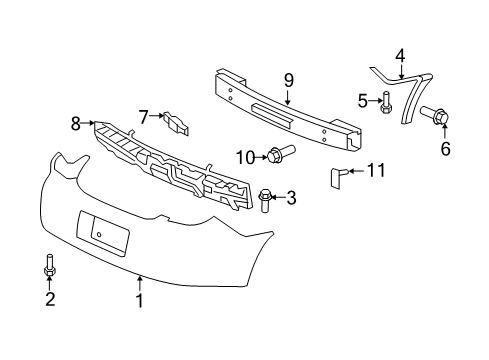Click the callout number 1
141,298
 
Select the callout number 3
291,198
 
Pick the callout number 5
365,100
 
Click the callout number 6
446,149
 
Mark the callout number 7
143,116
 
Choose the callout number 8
74,124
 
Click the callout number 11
374,171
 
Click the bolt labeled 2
48,266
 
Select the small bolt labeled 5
386,101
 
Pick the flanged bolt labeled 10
275,155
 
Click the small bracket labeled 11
337,178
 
